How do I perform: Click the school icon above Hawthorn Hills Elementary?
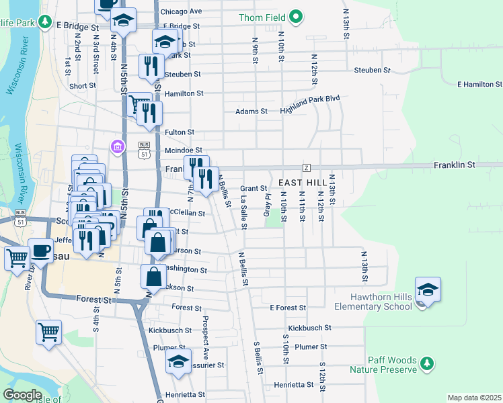(x=428, y=289)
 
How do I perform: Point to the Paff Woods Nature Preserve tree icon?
(x=426, y=363)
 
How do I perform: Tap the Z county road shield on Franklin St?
(x=306, y=167)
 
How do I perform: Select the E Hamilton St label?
(x=479, y=85)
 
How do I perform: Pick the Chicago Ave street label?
(x=181, y=11)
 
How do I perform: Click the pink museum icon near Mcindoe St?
(x=118, y=146)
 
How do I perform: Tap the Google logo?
(x=22, y=395)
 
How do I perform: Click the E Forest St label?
(x=288, y=308)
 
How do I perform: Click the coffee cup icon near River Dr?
(x=40, y=252)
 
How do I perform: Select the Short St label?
(x=82, y=86)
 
